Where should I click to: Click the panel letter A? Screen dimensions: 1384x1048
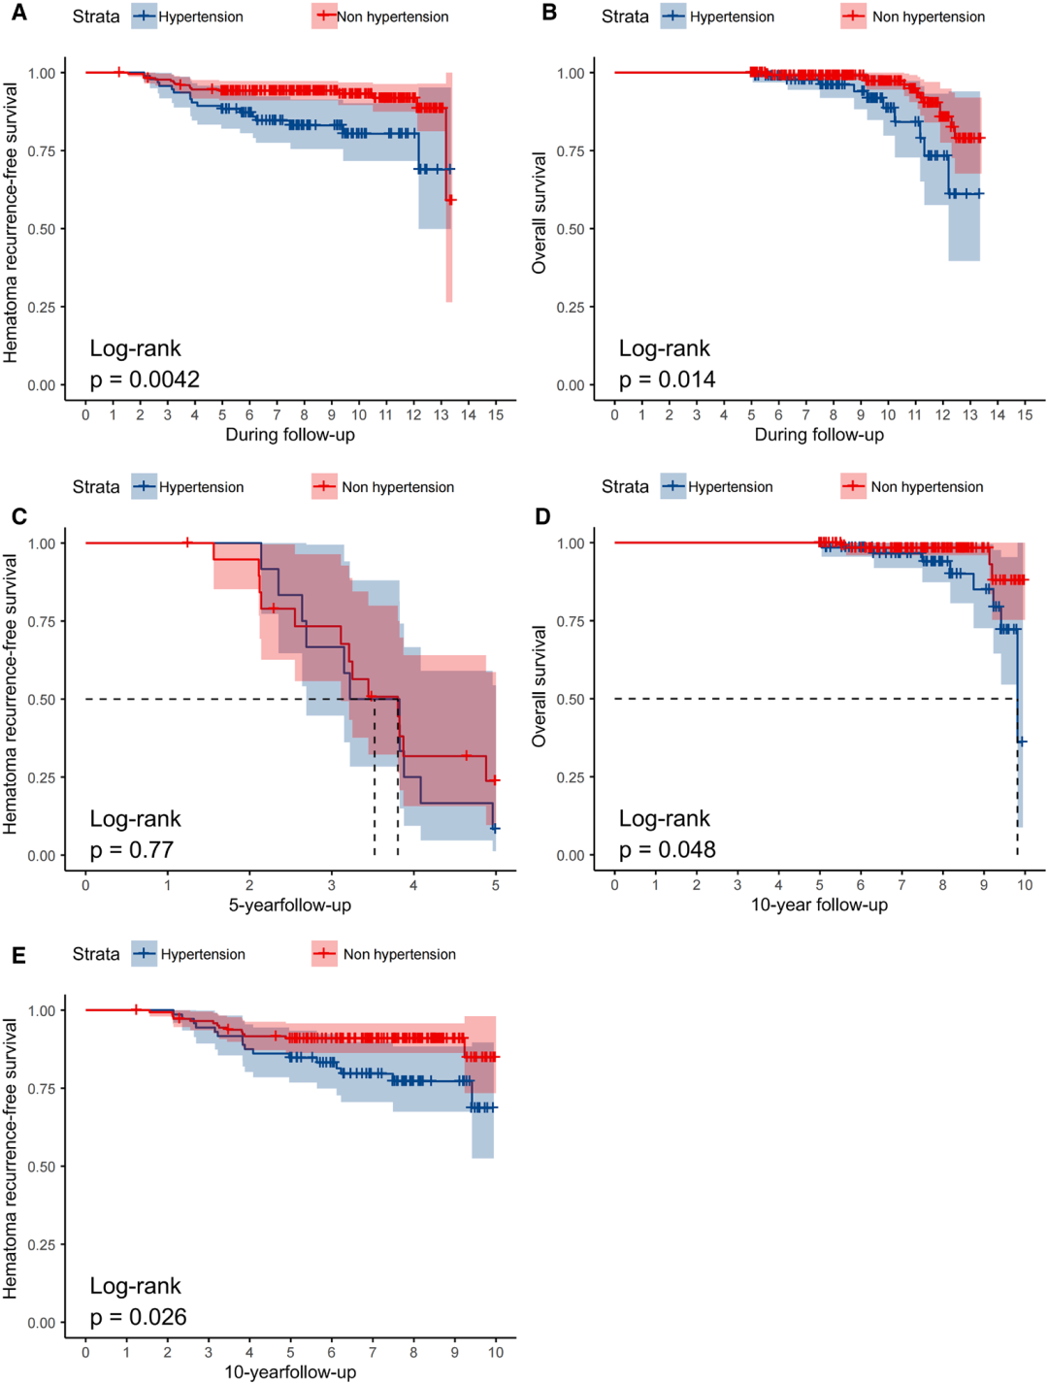click(19, 14)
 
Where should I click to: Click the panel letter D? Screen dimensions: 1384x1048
click(543, 516)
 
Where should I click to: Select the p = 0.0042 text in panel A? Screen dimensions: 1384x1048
click(145, 379)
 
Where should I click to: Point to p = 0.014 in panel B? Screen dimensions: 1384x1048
click(667, 379)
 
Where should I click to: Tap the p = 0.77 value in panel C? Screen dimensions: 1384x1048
click(131, 850)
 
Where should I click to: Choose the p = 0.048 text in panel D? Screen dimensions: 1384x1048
click(667, 850)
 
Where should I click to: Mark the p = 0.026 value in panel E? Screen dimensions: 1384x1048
click(138, 1317)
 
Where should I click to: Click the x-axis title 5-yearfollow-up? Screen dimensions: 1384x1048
click(290, 906)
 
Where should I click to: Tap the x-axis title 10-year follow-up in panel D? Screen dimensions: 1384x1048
click(819, 906)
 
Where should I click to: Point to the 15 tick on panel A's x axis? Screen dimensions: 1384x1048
click(496, 415)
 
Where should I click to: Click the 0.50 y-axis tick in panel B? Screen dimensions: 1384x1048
click(571, 229)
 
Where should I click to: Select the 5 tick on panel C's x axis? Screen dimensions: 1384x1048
click(496, 885)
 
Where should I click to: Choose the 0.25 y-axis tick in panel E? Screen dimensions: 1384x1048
click(42, 1244)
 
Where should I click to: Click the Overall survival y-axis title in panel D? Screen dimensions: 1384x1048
click(540, 685)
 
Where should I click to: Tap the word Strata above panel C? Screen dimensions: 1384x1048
click(96, 487)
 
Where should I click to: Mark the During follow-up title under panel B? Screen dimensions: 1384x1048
click(819, 435)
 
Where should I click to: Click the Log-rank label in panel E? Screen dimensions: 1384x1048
click(135, 1286)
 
